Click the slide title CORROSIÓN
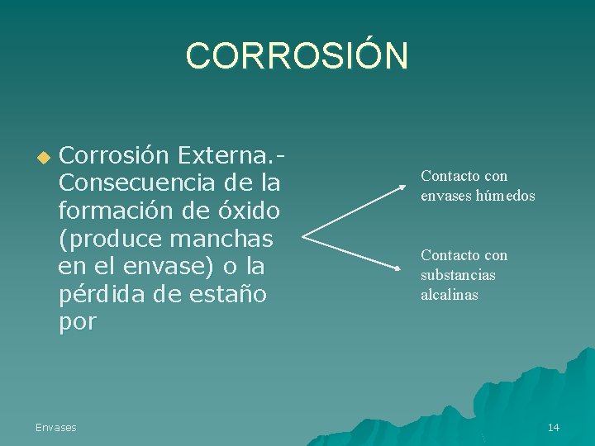[x=297, y=56]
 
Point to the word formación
[x=112, y=210]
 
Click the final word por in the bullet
[x=77, y=322]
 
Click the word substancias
[x=458, y=275]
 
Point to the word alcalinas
[x=450, y=295]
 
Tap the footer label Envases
[x=55, y=427]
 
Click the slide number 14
[x=553, y=427]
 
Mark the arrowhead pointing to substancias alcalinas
[x=399, y=266]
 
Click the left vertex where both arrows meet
[x=304, y=237]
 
